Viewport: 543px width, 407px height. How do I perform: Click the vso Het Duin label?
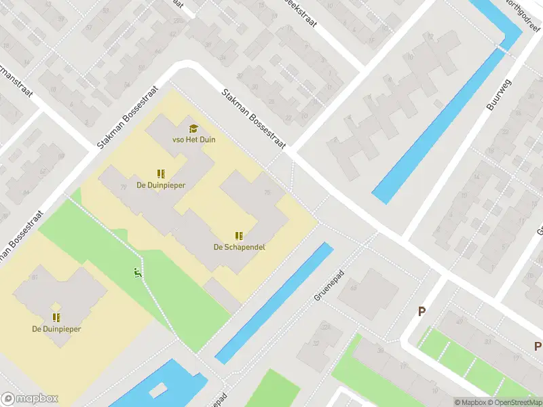pos(193,140)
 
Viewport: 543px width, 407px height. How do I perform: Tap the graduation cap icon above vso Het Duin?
pos(193,128)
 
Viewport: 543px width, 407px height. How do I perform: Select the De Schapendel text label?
pos(239,247)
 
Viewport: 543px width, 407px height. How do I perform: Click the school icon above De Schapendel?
pos(239,235)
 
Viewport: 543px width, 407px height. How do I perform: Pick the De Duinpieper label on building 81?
pos(56,329)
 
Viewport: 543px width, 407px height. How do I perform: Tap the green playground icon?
pos(138,273)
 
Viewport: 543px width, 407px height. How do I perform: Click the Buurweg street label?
pos(498,94)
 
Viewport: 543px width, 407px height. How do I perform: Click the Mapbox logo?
pos(30,399)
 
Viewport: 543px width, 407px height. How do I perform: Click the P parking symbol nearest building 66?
pos(422,312)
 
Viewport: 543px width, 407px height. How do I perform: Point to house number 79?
pos(123,188)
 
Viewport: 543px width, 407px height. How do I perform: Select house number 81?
pos(34,277)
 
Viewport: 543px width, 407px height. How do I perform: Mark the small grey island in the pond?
pos(160,390)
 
